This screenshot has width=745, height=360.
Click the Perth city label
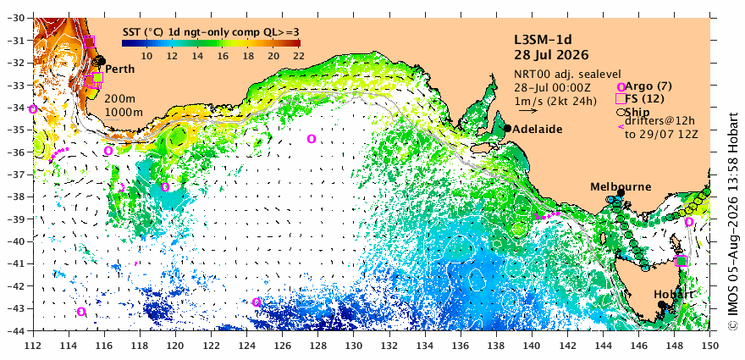tap(119, 69)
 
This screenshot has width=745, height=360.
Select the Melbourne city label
tap(614, 187)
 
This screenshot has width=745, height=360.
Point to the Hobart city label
tap(673, 294)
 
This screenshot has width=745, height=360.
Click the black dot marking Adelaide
tap(507, 129)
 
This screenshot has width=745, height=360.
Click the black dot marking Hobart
tap(661, 304)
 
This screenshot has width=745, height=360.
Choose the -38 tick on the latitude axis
tap(18, 197)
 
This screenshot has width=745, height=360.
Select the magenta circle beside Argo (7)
tap(621, 87)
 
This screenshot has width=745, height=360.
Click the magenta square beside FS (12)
tap(621, 98)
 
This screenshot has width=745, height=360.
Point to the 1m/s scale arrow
tap(528, 111)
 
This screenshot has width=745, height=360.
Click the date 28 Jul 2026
tap(551, 55)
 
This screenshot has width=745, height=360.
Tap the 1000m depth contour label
tap(124, 112)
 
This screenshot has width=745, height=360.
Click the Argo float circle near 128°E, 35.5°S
tap(312, 139)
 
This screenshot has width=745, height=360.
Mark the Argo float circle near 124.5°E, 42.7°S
tap(256, 302)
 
